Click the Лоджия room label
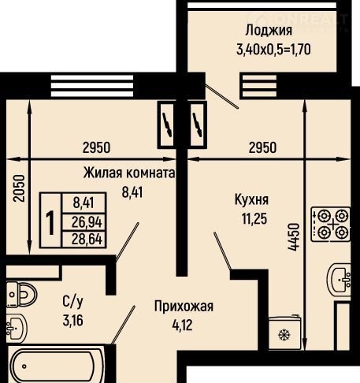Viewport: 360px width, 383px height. point(269,31)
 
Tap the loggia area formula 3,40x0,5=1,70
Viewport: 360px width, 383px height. point(273,49)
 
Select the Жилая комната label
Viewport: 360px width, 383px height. point(129,173)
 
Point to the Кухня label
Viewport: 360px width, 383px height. point(251,200)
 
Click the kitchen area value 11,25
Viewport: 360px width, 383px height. point(254,219)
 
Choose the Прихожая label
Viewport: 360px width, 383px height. point(184,307)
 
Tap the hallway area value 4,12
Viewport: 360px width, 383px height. point(183,325)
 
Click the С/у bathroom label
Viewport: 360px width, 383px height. point(72,302)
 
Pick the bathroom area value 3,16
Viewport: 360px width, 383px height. point(73,321)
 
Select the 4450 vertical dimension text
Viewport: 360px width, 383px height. point(293,237)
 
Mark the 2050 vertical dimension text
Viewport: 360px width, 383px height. point(19,188)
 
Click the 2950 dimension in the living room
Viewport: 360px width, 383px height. point(96,147)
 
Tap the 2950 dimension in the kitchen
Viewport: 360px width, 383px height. point(262,147)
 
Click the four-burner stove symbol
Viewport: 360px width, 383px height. point(331,225)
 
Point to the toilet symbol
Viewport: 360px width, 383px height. point(21,295)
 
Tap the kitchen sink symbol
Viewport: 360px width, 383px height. point(339,279)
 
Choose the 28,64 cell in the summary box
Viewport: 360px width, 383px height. point(87,239)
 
